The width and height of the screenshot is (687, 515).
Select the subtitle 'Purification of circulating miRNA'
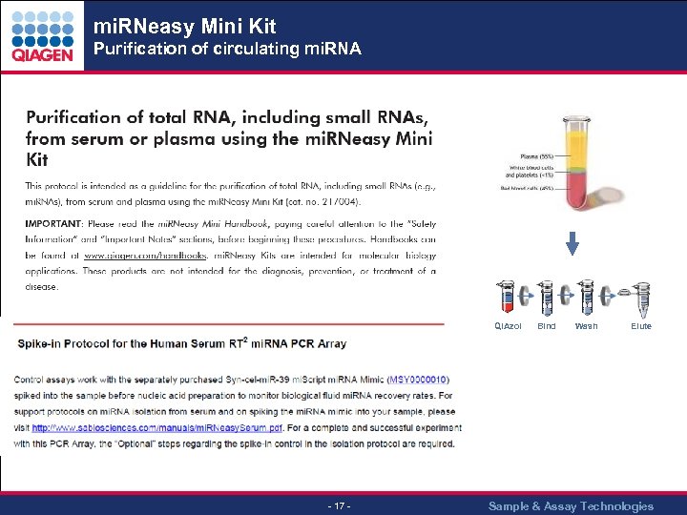pos(226,49)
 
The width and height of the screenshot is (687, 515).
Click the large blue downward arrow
pos(572,244)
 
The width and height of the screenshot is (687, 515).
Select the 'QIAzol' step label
pos(508,326)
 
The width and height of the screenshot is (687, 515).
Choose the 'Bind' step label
pos(547,326)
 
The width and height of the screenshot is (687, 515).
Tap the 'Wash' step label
pos(586,326)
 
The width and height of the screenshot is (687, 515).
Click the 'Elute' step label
pos(641,326)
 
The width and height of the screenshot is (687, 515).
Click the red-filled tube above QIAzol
pos(507,299)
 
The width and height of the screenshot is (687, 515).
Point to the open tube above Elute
pos(640,299)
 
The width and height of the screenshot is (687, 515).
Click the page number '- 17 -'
pos(339,505)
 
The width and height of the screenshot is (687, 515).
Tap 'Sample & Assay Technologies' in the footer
pos(571,505)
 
